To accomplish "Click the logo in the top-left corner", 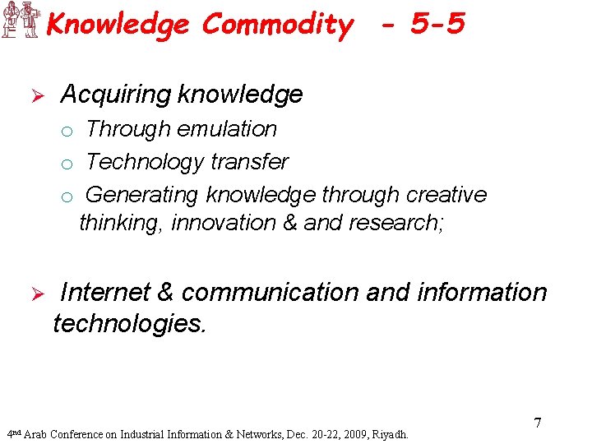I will (21, 20).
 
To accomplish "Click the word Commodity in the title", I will (277, 25).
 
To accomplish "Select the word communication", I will (268, 293).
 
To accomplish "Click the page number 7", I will (537, 423).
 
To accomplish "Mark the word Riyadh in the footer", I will (389, 434).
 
